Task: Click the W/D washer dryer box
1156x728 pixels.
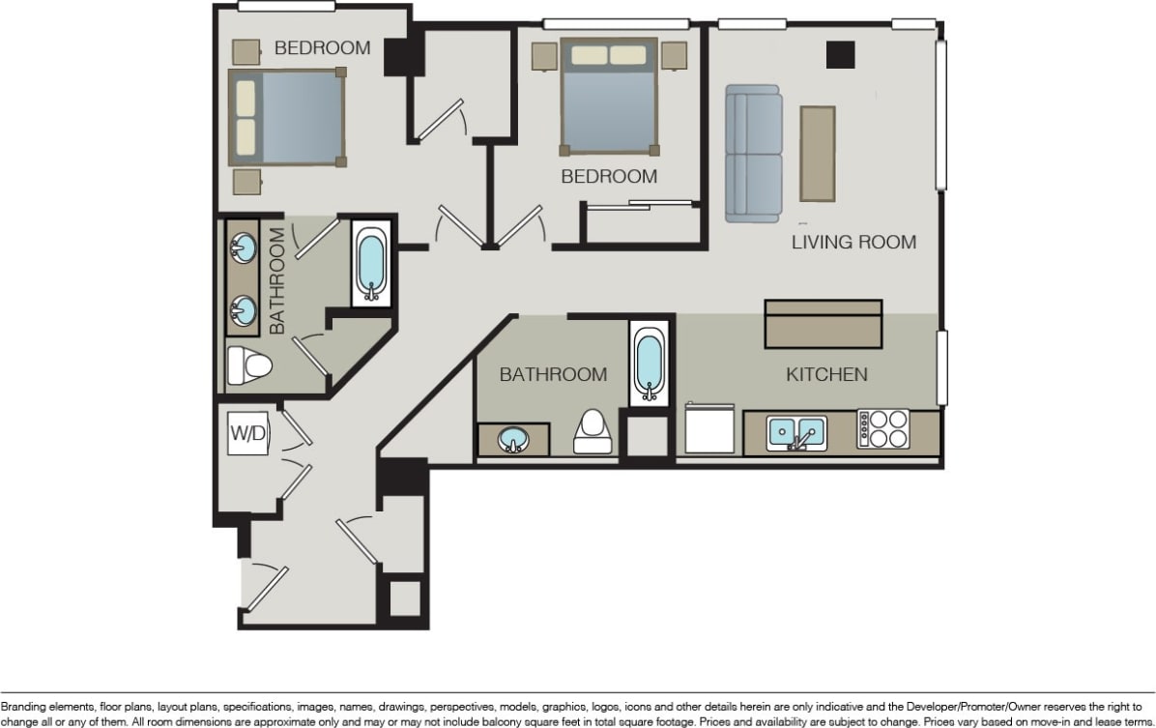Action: pyautogui.click(x=248, y=434)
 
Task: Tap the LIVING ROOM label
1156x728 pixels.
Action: pyautogui.click(x=853, y=242)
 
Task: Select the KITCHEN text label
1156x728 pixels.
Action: pyautogui.click(x=826, y=374)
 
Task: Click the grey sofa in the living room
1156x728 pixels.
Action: pyautogui.click(x=753, y=154)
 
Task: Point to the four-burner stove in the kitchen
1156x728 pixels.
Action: pyautogui.click(x=883, y=429)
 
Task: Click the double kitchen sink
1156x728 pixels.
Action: pyautogui.click(x=797, y=433)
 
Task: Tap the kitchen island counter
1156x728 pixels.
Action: pyautogui.click(x=824, y=324)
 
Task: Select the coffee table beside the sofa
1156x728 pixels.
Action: pyautogui.click(x=817, y=154)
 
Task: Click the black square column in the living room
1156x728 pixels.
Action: pyautogui.click(x=840, y=55)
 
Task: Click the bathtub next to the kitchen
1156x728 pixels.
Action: pyautogui.click(x=649, y=364)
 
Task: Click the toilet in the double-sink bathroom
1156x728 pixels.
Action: pyautogui.click(x=248, y=366)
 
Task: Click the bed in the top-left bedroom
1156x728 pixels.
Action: pyautogui.click(x=287, y=117)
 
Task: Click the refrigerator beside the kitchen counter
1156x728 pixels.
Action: pyautogui.click(x=709, y=428)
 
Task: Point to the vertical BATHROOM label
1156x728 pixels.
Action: pyautogui.click(x=277, y=281)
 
